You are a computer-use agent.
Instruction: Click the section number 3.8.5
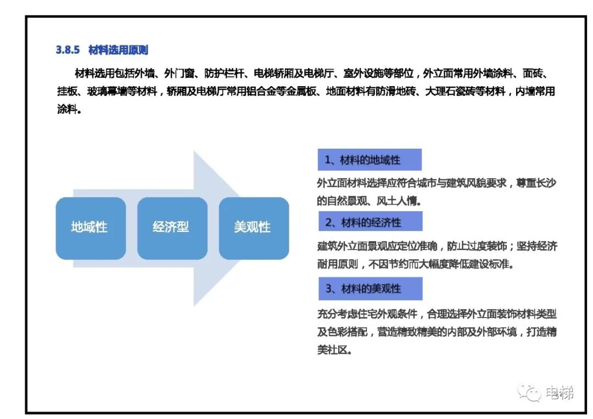click(68, 50)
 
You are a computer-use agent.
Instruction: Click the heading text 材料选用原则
click(118, 50)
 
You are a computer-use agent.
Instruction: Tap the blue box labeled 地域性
click(91, 228)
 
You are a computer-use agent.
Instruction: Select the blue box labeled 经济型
click(172, 228)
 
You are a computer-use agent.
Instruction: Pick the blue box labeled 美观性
click(254, 228)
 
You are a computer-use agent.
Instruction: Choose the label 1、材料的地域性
click(370, 160)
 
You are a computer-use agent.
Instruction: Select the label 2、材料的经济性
click(370, 222)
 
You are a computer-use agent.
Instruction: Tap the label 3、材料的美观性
click(370, 288)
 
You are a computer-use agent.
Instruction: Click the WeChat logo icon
click(529, 393)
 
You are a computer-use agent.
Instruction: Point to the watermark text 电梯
click(560, 393)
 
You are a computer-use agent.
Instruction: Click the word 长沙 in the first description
click(546, 183)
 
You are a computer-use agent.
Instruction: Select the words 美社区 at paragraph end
click(332, 350)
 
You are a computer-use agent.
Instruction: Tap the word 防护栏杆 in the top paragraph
click(224, 73)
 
